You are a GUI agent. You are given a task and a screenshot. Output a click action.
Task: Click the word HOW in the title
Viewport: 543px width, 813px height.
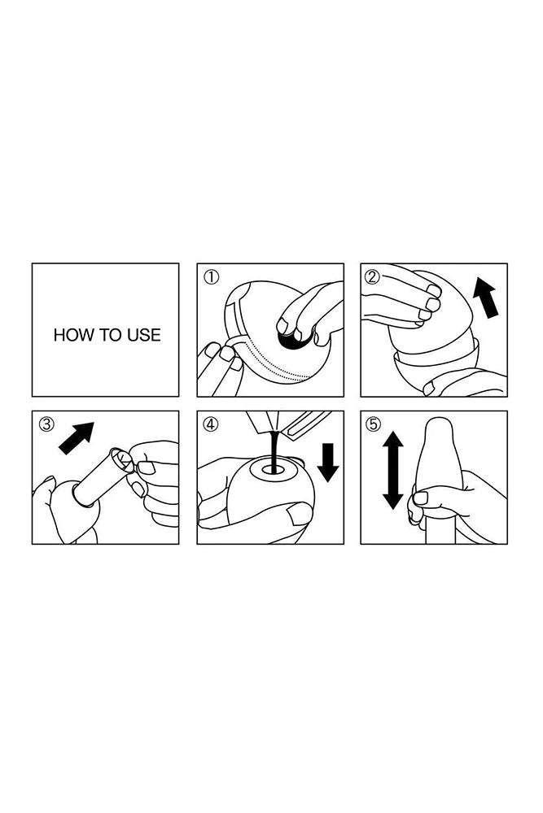[x=71, y=335]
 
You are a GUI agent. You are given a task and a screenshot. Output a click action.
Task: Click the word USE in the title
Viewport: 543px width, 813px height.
[x=144, y=335]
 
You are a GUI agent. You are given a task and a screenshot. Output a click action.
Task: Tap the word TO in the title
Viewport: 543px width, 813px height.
[x=108, y=335]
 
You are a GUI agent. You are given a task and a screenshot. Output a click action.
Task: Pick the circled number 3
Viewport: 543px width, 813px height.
[x=46, y=424]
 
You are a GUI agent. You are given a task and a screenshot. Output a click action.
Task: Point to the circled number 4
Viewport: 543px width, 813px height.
[x=211, y=424]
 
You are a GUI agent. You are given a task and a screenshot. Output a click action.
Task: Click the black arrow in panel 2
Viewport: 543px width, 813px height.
[x=486, y=297]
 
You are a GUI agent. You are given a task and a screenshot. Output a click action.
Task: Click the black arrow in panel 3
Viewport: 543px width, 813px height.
[x=77, y=438]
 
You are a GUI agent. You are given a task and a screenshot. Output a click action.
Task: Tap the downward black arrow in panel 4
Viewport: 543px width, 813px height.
[x=327, y=462]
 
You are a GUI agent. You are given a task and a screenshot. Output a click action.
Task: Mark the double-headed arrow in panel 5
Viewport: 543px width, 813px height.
[x=393, y=470]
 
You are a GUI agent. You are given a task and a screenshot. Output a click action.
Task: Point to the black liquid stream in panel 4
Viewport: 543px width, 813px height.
[x=274, y=451]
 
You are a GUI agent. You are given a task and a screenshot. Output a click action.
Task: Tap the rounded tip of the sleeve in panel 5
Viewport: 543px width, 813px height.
[x=440, y=426]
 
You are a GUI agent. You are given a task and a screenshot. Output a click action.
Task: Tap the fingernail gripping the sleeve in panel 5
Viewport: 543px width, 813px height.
[x=421, y=498]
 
